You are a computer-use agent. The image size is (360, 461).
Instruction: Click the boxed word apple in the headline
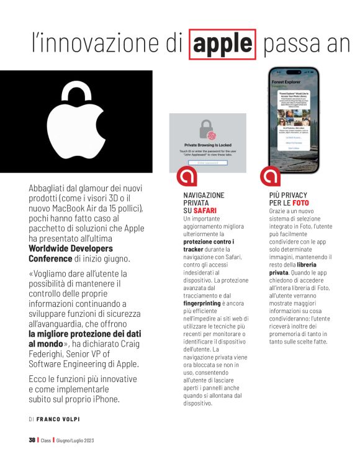(x=222, y=43)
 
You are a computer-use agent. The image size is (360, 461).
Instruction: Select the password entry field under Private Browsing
(x=207, y=163)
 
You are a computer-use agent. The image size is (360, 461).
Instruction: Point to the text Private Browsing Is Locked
(x=207, y=145)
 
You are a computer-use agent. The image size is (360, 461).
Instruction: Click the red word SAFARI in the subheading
(x=204, y=211)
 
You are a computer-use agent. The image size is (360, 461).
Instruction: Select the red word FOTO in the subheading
(x=300, y=203)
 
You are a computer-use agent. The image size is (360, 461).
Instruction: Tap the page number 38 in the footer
(x=32, y=440)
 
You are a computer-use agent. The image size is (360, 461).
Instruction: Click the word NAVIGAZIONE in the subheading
(x=204, y=195)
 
